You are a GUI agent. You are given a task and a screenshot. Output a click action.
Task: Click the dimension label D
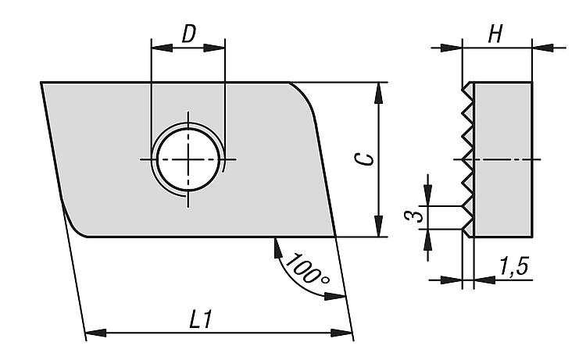pyautogui.click(x=188, y=34)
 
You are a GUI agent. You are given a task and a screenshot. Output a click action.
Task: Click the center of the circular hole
pyautogui.click(x=188, y=159)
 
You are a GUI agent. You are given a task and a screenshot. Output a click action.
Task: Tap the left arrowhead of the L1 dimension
pyautogui.click(x=94, y=334)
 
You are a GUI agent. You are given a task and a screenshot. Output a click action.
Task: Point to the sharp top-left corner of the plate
pyautogui.click(x=42, y=83)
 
